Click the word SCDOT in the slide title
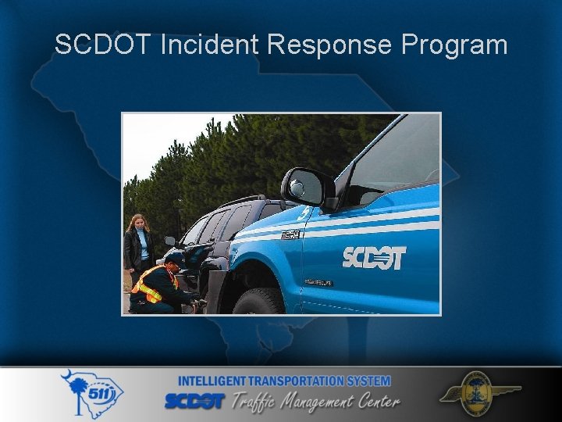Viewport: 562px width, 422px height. point(103,45)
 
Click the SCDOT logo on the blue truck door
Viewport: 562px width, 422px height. point(374,257)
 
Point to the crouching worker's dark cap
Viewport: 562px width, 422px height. point(174,257)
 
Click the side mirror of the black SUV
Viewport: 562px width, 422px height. point(170,241)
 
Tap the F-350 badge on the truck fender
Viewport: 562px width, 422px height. point(290,234)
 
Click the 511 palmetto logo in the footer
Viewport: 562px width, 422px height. point(92,395)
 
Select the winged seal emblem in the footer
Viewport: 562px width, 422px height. point(478,394)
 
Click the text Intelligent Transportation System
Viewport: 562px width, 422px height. point(284,381)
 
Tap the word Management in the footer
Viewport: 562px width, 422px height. point(320,402)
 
